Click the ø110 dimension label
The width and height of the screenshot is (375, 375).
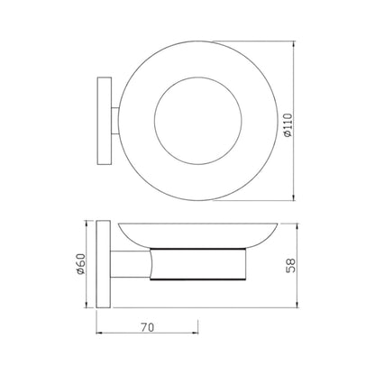288,125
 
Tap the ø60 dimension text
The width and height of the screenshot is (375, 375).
81,264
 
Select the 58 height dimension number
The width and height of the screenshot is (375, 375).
290,266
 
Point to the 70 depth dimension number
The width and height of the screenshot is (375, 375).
147,327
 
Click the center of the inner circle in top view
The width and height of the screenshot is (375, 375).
198,121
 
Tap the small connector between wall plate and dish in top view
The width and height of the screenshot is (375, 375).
115,121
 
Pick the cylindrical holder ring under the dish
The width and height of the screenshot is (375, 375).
198,264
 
